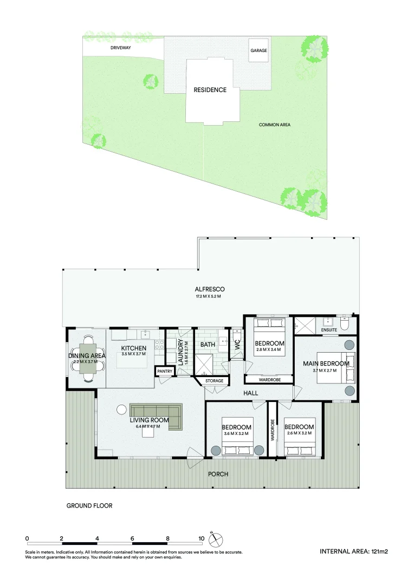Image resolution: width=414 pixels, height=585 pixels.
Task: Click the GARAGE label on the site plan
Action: [x=258, y=51]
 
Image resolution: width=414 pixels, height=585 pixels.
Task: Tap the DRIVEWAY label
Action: [x=121, y=48]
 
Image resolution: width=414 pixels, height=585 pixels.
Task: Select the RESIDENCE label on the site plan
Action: [x=210, y=90]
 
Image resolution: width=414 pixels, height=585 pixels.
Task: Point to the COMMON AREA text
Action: [x=274, y=125]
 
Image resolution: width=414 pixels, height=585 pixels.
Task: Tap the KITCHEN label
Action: [x=133, y=348]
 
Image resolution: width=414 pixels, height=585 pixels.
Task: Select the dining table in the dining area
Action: [x=88, y=358]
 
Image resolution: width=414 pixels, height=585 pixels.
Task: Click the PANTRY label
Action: [x=164, y=372]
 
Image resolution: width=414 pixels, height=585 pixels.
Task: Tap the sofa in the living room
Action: [x=157, y=415]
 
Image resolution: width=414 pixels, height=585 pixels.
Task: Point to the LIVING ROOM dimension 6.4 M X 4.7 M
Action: [x=145, y=426]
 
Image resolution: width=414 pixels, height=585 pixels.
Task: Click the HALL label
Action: [x=250, y=393]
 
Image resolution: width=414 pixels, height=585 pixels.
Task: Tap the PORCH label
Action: [x=219, y=474]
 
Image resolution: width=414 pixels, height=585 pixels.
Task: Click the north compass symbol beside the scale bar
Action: [x=216, y=540]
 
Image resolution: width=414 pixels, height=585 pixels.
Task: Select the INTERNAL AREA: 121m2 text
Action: [x=354, y=552]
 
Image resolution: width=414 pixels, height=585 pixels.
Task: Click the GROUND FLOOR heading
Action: [x=89, y=506]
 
